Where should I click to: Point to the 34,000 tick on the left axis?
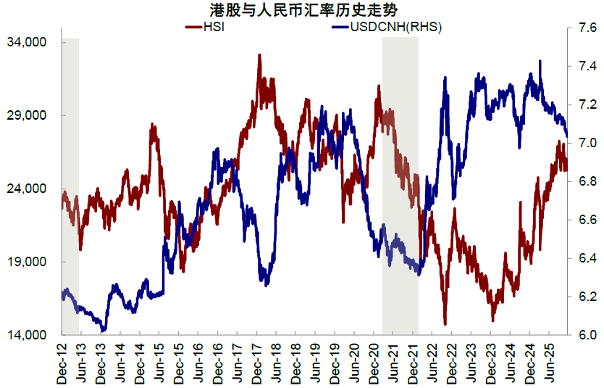31,42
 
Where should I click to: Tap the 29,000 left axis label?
31,115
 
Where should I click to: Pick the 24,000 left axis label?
31,189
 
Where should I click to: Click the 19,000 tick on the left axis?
31,262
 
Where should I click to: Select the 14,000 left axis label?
31,335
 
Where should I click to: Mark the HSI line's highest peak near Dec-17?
259,54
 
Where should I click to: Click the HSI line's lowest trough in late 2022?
445,323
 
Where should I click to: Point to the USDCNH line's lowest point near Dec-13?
103,331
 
